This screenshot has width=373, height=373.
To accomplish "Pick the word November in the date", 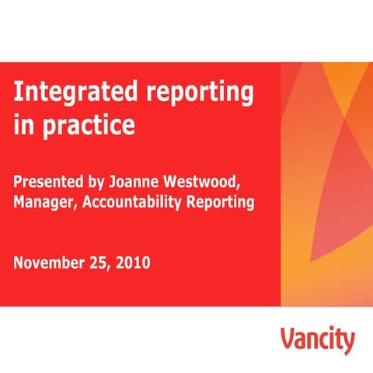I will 49,263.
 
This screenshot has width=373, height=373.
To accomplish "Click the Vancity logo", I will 317,340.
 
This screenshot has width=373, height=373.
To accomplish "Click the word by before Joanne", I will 97,183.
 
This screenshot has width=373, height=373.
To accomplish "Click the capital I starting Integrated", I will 17,93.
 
